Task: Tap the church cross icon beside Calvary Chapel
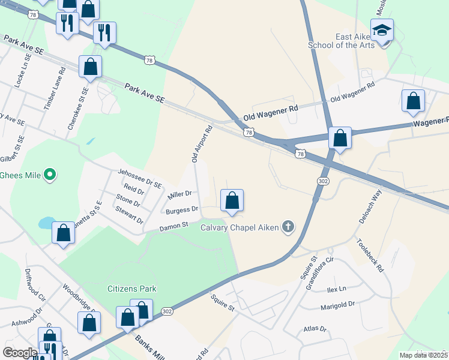(x=288, y=227)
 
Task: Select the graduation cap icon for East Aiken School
(x=382, y=30)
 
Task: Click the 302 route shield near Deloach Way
(x=322, y=180)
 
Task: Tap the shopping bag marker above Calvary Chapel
(x=232, y=200)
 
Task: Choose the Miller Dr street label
(x=179, y=194)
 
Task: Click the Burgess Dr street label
(x=182, y=209)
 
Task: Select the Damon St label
(x=173, y=227)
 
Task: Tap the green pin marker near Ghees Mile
(x=50, y=175)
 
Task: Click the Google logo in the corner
(x=20, y=352)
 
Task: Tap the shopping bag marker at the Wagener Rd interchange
(x=340, y=139)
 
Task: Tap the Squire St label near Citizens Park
(x=222, y=302)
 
